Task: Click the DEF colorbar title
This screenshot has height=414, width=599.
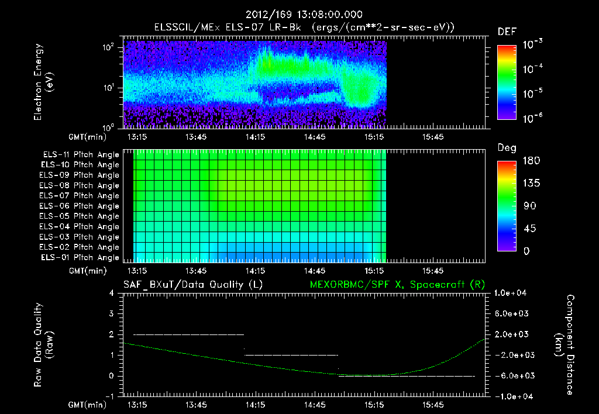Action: [507, 32]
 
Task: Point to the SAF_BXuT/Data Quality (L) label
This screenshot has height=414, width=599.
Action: [192, 285]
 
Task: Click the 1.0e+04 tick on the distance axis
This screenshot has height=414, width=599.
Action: [512, 293]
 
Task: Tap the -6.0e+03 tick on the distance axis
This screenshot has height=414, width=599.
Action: [512, 375]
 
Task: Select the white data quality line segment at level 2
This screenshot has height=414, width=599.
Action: [188, 334]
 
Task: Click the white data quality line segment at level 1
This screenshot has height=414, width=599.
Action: [291, 355]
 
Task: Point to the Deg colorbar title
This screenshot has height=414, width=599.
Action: [507, 148]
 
